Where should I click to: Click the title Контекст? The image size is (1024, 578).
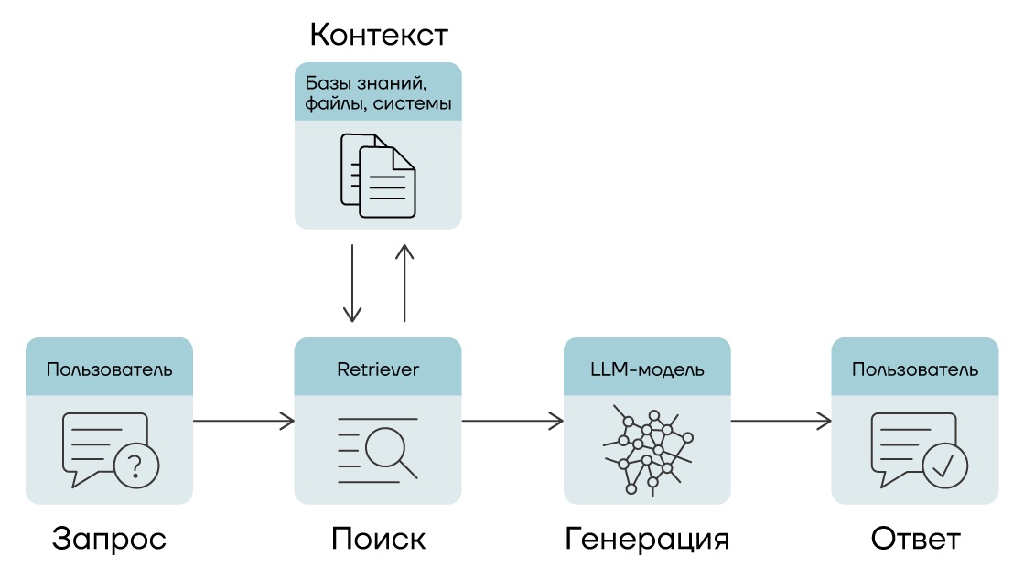click(378, 35)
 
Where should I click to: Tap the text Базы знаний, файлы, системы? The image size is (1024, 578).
click(378, 92)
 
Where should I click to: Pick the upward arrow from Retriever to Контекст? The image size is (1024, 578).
click(404, 282)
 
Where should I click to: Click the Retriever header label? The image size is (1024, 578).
click(378, 370)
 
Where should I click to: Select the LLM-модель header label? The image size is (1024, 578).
click(646, 370)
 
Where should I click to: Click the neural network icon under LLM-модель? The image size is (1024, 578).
click(646, 449)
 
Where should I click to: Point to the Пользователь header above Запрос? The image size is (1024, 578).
click(109, 370)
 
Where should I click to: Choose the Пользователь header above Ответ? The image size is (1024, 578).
click(915, 370)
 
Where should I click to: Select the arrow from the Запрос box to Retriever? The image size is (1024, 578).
click(243, 422)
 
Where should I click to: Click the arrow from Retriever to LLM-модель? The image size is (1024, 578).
click(512, 422)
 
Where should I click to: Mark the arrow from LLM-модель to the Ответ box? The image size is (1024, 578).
click(781, 422)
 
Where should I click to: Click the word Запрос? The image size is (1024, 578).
click(109, 538)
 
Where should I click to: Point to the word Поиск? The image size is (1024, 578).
click(378, 538)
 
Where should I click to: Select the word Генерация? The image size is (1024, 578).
click(646, 538)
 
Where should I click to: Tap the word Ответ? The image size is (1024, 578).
click(915, 538)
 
